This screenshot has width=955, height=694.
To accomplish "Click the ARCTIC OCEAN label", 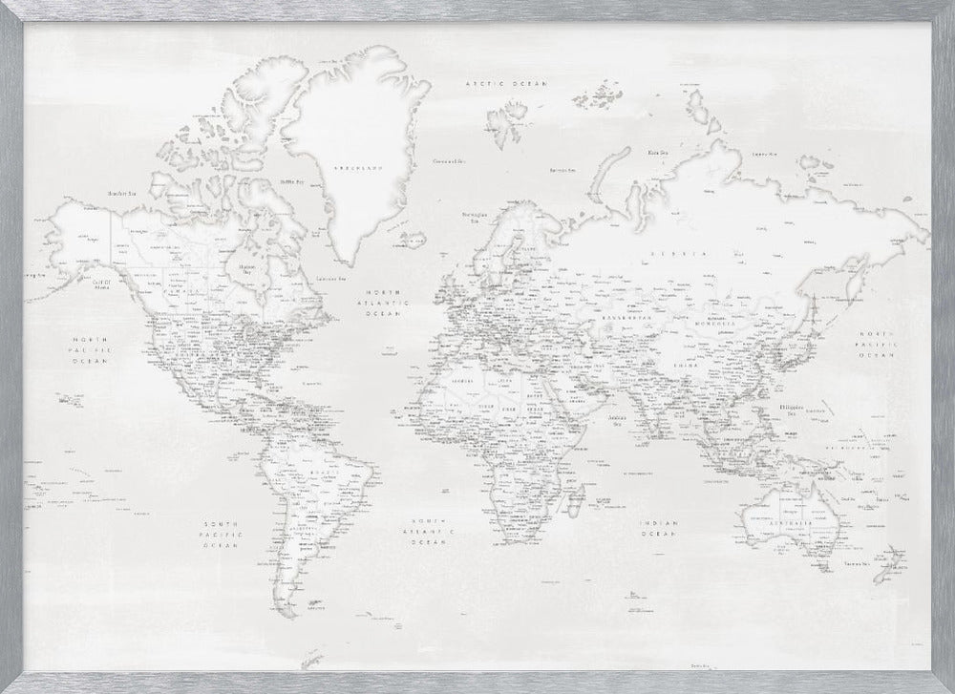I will tap(506, 84).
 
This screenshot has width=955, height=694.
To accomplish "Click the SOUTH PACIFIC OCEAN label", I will tap(222, 534).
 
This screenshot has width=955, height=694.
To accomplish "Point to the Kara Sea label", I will tap(657, 152).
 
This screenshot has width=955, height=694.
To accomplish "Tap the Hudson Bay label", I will tap(246, 270).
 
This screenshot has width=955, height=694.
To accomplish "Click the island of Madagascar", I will tap(578, 496).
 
